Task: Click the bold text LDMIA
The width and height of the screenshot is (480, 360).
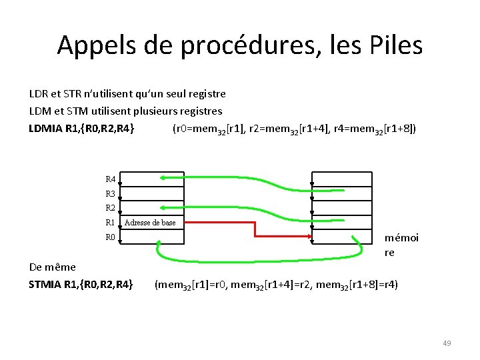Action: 45,127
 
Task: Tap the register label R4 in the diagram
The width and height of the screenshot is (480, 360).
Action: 110,179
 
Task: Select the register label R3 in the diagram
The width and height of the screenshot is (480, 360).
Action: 110,193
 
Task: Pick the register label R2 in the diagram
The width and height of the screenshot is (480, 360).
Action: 110,208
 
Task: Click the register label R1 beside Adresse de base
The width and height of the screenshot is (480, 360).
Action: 110,223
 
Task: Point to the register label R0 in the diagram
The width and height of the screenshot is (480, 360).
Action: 110,237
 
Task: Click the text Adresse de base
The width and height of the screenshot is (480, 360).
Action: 150,223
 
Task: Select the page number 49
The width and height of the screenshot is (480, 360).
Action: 447,343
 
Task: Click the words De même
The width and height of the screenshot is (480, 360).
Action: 53,267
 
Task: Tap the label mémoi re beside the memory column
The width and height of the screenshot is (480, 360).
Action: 401,245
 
